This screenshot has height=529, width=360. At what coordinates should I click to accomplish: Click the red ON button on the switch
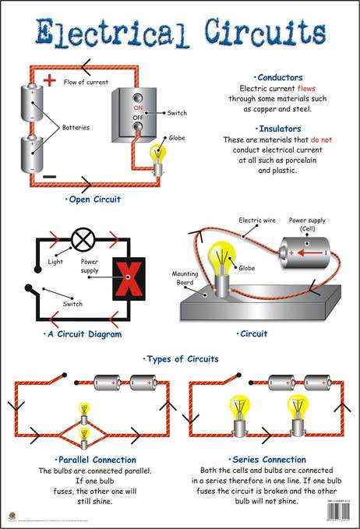(138, 108)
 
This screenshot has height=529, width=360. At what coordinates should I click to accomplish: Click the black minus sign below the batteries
(48, 177)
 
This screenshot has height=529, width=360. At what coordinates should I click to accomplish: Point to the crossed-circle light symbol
(81, 238)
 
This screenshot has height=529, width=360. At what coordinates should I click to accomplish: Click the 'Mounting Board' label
(185, 277)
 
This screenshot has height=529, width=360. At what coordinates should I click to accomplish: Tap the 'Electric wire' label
(257, 220)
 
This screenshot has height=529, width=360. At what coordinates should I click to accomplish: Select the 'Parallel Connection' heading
(96, 460)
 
